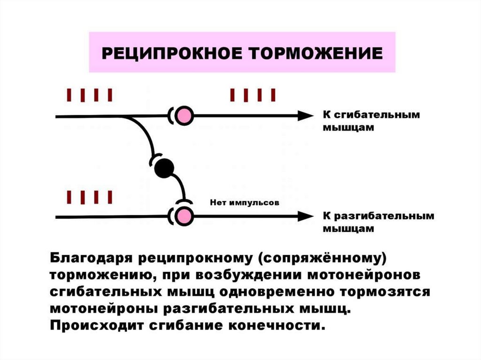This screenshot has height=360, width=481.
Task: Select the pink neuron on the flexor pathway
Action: (185, 115)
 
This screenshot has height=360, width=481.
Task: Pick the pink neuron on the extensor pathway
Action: (185, 216)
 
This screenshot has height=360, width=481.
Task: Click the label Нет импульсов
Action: (244, 203)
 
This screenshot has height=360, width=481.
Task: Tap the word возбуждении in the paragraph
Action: (241, 275)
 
